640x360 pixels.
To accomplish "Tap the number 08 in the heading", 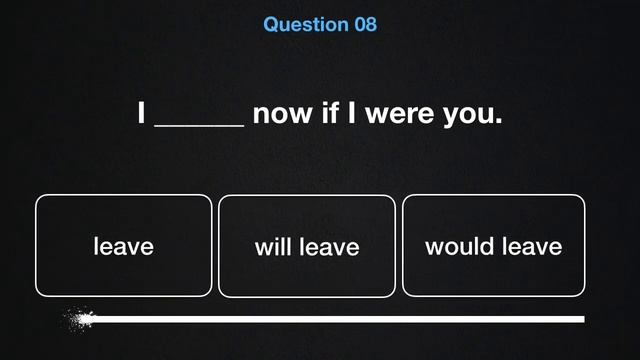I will click(x=365, y=24).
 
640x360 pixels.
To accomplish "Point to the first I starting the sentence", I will click(x=142, y=113).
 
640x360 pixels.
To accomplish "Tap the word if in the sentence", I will click(x=331, y=113).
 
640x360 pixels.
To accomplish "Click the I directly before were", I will click(x=351, y=113).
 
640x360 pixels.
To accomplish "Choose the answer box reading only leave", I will click(x=124, y=246).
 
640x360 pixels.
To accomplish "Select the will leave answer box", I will click(x=307, y=246).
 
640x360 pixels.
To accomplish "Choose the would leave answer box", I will click(x=493, y=246).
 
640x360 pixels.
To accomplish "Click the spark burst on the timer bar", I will click(x=78, y=320).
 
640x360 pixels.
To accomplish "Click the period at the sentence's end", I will click(x=498, y=121).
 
